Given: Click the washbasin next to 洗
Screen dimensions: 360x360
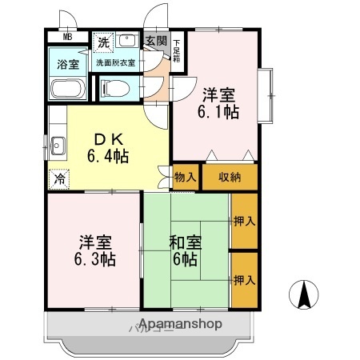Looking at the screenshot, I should click(x=128, y=41).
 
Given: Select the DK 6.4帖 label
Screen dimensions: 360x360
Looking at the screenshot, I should click(x=109, y=146).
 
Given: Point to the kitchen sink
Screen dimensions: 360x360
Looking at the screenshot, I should click(x=58, y=146).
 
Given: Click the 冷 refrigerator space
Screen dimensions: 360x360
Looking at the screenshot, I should click(x=58, y=179).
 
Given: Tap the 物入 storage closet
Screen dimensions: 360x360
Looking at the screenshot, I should click(x=184, y=177).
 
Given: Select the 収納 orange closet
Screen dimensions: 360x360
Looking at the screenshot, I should click(x=230, y=177).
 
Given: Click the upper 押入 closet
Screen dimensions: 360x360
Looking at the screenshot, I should click(x=244, y=221).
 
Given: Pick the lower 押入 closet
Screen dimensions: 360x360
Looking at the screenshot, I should click(x=244, y=280).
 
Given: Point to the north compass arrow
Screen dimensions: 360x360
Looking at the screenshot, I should click(x=304, y=296).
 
